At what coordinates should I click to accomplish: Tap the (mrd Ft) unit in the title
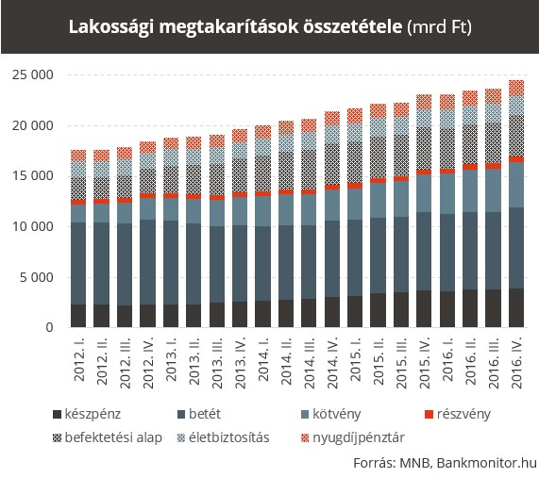pyautogui.click(x=439, y=26)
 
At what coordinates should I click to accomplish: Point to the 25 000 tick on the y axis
pyautogui.click(x=33, y=74)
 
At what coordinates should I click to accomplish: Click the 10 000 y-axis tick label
pyautogui.click(x=33, y=226)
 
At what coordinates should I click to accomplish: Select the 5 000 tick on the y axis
pyautogui.click(x=37, y=277)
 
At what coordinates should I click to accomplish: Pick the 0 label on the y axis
pyautogui.click(x=50, y=327)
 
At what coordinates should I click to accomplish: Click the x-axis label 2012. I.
pyautogui.click(x=79, y=359)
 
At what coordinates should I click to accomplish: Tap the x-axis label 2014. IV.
pyautogui.click(x=333, y=363)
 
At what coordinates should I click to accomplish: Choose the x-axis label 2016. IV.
pyautogui.click(x=516, y=363)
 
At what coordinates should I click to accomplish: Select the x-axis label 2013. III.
pyautogui.click(x=218, y=363)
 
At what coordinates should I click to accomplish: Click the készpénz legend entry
pyautogui.click(x=87, y=414)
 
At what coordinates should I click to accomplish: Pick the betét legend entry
pyautogui.click(x=199, y=414)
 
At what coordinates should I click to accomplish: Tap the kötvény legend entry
pyautogui.click(x=331, y=414)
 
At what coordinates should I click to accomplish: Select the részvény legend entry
pyautogui.click(x=458, y=414)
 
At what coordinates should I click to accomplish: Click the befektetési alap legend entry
pyautogui.click(x=108, y=437)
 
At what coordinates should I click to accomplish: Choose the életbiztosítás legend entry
pyautogui.click(x=224, y=437)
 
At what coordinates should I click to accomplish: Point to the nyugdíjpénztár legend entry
pyautogui.click(x=353, y=437)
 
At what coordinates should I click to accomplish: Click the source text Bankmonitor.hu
pyautogui.click(x=487, y=463)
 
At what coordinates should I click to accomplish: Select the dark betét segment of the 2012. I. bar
pyautogui.click(x=78, y=263)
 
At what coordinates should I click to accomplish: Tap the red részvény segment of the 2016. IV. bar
pyautogui.click(x=516, y=159)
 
